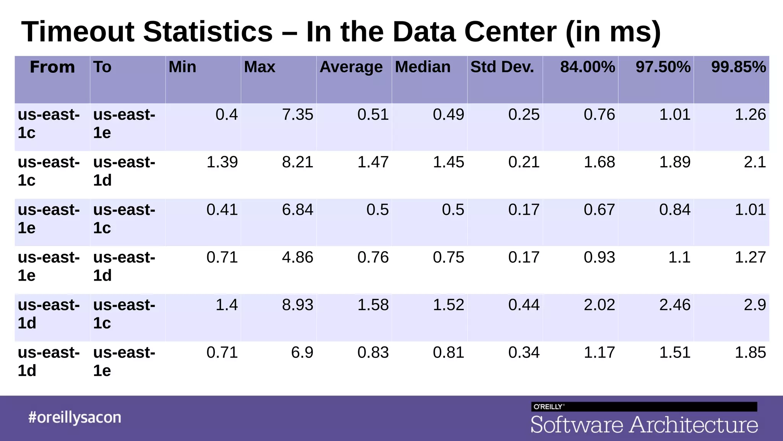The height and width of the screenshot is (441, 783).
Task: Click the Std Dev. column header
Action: (502, 67)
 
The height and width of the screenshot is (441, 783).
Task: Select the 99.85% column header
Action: (738, 67)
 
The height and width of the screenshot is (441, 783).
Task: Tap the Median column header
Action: (422, 67)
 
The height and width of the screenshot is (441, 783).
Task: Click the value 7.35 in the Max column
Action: (297, 115)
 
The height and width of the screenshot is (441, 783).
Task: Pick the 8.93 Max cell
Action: (297, 305)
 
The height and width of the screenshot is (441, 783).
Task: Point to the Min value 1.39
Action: (222, 162)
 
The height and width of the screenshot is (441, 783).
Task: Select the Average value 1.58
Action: (373, 305)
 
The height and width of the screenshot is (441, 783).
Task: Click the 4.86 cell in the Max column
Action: (297, 258)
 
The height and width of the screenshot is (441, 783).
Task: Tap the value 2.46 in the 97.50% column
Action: (675, 305)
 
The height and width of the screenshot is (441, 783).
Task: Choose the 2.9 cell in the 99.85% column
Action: (755, 305)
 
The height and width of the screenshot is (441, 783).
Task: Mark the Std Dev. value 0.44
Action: (524, 305)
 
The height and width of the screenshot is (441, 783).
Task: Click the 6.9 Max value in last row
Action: (302, 353)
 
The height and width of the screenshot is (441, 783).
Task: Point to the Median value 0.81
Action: (448, 353)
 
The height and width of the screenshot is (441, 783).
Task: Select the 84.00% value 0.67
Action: (599, 210)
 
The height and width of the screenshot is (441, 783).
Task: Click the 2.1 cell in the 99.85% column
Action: (755, 162)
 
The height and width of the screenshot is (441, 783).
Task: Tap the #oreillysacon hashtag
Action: (75, 417)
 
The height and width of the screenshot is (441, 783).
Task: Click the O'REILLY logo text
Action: (548, 407)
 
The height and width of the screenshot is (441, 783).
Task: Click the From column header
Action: (52, 67)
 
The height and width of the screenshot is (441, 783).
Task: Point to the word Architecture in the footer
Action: (694, 425)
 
